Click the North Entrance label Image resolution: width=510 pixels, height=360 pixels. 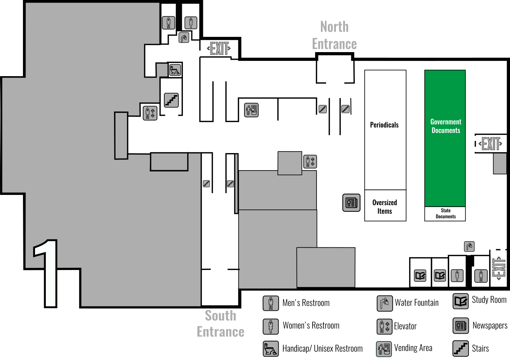[334, 35]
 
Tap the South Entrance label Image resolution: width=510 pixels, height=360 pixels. [220, 324]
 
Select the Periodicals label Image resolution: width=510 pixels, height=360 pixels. [384, 125]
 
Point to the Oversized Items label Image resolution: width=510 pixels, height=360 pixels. [385, 207]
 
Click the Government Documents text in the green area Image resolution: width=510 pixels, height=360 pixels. [446, 126]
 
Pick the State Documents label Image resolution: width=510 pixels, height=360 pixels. [446, 214]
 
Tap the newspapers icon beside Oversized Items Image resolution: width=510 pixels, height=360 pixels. [351, 203]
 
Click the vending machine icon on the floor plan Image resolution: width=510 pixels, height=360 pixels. [251, 110]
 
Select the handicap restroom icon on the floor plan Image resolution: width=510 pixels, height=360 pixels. [175, 70]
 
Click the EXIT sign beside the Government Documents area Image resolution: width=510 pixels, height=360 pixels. [491, 144]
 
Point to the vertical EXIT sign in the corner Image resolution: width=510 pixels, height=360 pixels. [499, 268]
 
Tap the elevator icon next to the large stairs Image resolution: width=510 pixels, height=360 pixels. [150, 113]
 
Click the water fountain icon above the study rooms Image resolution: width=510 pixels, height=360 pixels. [469, 246]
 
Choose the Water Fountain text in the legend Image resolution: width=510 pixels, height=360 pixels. [417, 303]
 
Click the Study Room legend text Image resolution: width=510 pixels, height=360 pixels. [489, 300]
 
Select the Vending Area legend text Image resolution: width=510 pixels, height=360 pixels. [413, 348]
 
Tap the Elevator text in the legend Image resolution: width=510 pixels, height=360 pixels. [405, 326]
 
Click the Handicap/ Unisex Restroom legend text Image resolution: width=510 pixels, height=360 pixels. [322, 349]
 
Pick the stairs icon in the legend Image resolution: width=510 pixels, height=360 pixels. [460, 348]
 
